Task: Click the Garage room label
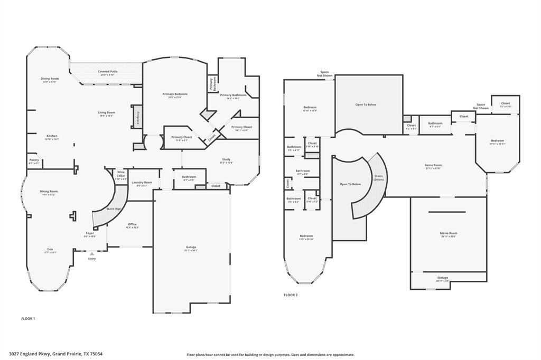(191, 247)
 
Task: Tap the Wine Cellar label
(121, 174)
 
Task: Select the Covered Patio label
(107, 71)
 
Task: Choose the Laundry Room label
(142, 182)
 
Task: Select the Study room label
(226, 159)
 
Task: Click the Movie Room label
(449, 233)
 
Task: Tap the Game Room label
(433, 165)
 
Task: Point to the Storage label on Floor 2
(443, 278)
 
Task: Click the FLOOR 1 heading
(28, 319)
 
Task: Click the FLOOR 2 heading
(291, 295)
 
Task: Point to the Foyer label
(90, 233)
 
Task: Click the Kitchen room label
(52, 136)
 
